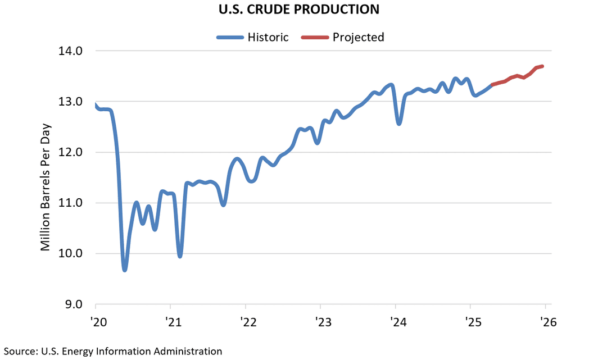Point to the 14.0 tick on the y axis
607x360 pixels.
[x=71, y=51]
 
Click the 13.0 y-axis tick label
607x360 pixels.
[x=71, y=102]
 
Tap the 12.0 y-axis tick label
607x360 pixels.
[x=71, y=152]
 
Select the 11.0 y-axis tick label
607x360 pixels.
[x=71, y=203]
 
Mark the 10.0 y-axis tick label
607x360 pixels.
[x=71, y=253]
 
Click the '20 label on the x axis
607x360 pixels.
[x=96, y=322]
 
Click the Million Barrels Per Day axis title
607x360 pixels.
[x=46, y=179]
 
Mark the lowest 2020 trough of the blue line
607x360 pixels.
[x=125, y=270]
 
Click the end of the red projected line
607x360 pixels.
[x=542, y=66]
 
